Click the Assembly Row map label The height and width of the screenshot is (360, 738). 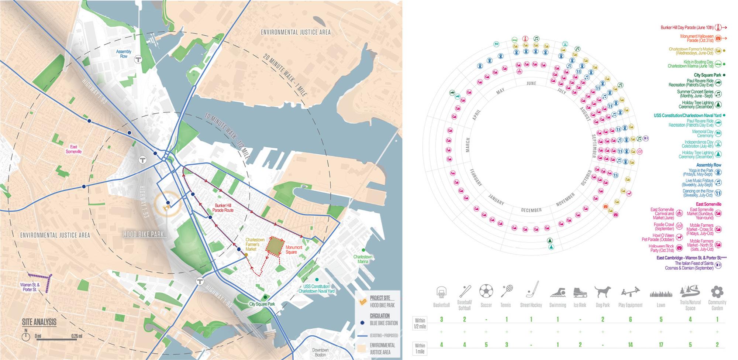(x=124, y=54)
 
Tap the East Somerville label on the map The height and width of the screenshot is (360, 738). (x=73, y=149)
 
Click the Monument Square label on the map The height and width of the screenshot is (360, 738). (x=293, y=250)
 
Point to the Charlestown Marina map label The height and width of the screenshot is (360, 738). (x=363, y=259)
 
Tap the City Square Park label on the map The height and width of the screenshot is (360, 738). (x=262, y=304)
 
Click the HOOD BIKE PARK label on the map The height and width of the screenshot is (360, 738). (x=143, y=234)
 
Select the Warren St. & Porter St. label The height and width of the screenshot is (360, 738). (x=30, y=287)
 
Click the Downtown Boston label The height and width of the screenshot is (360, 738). (x=320, y=352)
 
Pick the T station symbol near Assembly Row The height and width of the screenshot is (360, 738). (x=138, y=59)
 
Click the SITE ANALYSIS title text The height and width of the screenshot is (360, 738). (x=39, y=322)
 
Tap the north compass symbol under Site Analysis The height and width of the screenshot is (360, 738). (x=26, y=336)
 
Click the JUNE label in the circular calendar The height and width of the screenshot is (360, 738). (x=531, y=83)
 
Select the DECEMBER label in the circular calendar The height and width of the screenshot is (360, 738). (x=531, y=210)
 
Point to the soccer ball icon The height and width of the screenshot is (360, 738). (x=486, y=291)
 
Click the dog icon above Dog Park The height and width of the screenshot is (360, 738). (x=602, y=292)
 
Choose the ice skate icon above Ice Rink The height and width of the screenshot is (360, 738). (x=580, y=292)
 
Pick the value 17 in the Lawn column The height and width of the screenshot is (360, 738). (x=661, y=344)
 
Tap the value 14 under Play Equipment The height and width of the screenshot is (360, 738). (x=630, y=344)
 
